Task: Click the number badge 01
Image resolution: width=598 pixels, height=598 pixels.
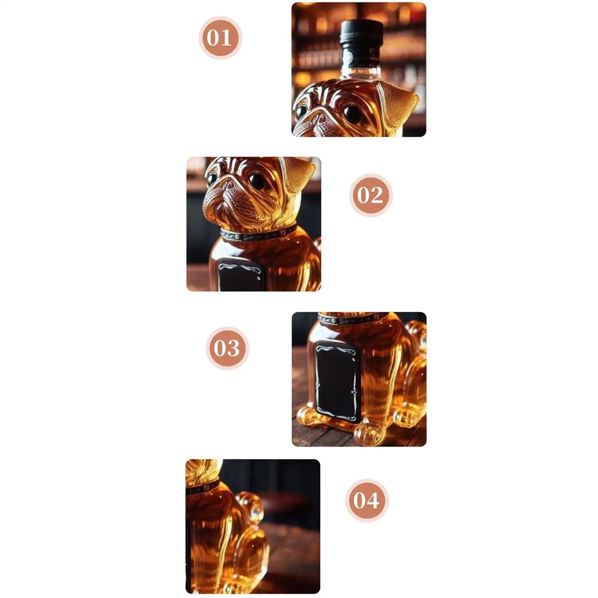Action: (220, 38)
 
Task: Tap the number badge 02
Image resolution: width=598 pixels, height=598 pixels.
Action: (371, 195)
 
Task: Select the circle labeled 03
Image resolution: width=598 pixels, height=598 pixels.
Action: (227, 348)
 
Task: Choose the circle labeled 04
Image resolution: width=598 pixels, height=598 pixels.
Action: (366, 500)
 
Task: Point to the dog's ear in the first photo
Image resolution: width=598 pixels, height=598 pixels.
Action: (400, 103)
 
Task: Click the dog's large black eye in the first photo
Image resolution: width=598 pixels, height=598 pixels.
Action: (352, 113)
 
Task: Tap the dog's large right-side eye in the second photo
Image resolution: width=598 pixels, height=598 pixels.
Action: (257, 181)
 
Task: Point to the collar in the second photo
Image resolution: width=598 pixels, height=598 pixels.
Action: (258, 234)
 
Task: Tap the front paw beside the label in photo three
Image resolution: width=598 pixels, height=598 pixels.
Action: (370, 432)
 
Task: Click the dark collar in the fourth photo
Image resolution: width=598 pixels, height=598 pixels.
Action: (202, 487)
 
